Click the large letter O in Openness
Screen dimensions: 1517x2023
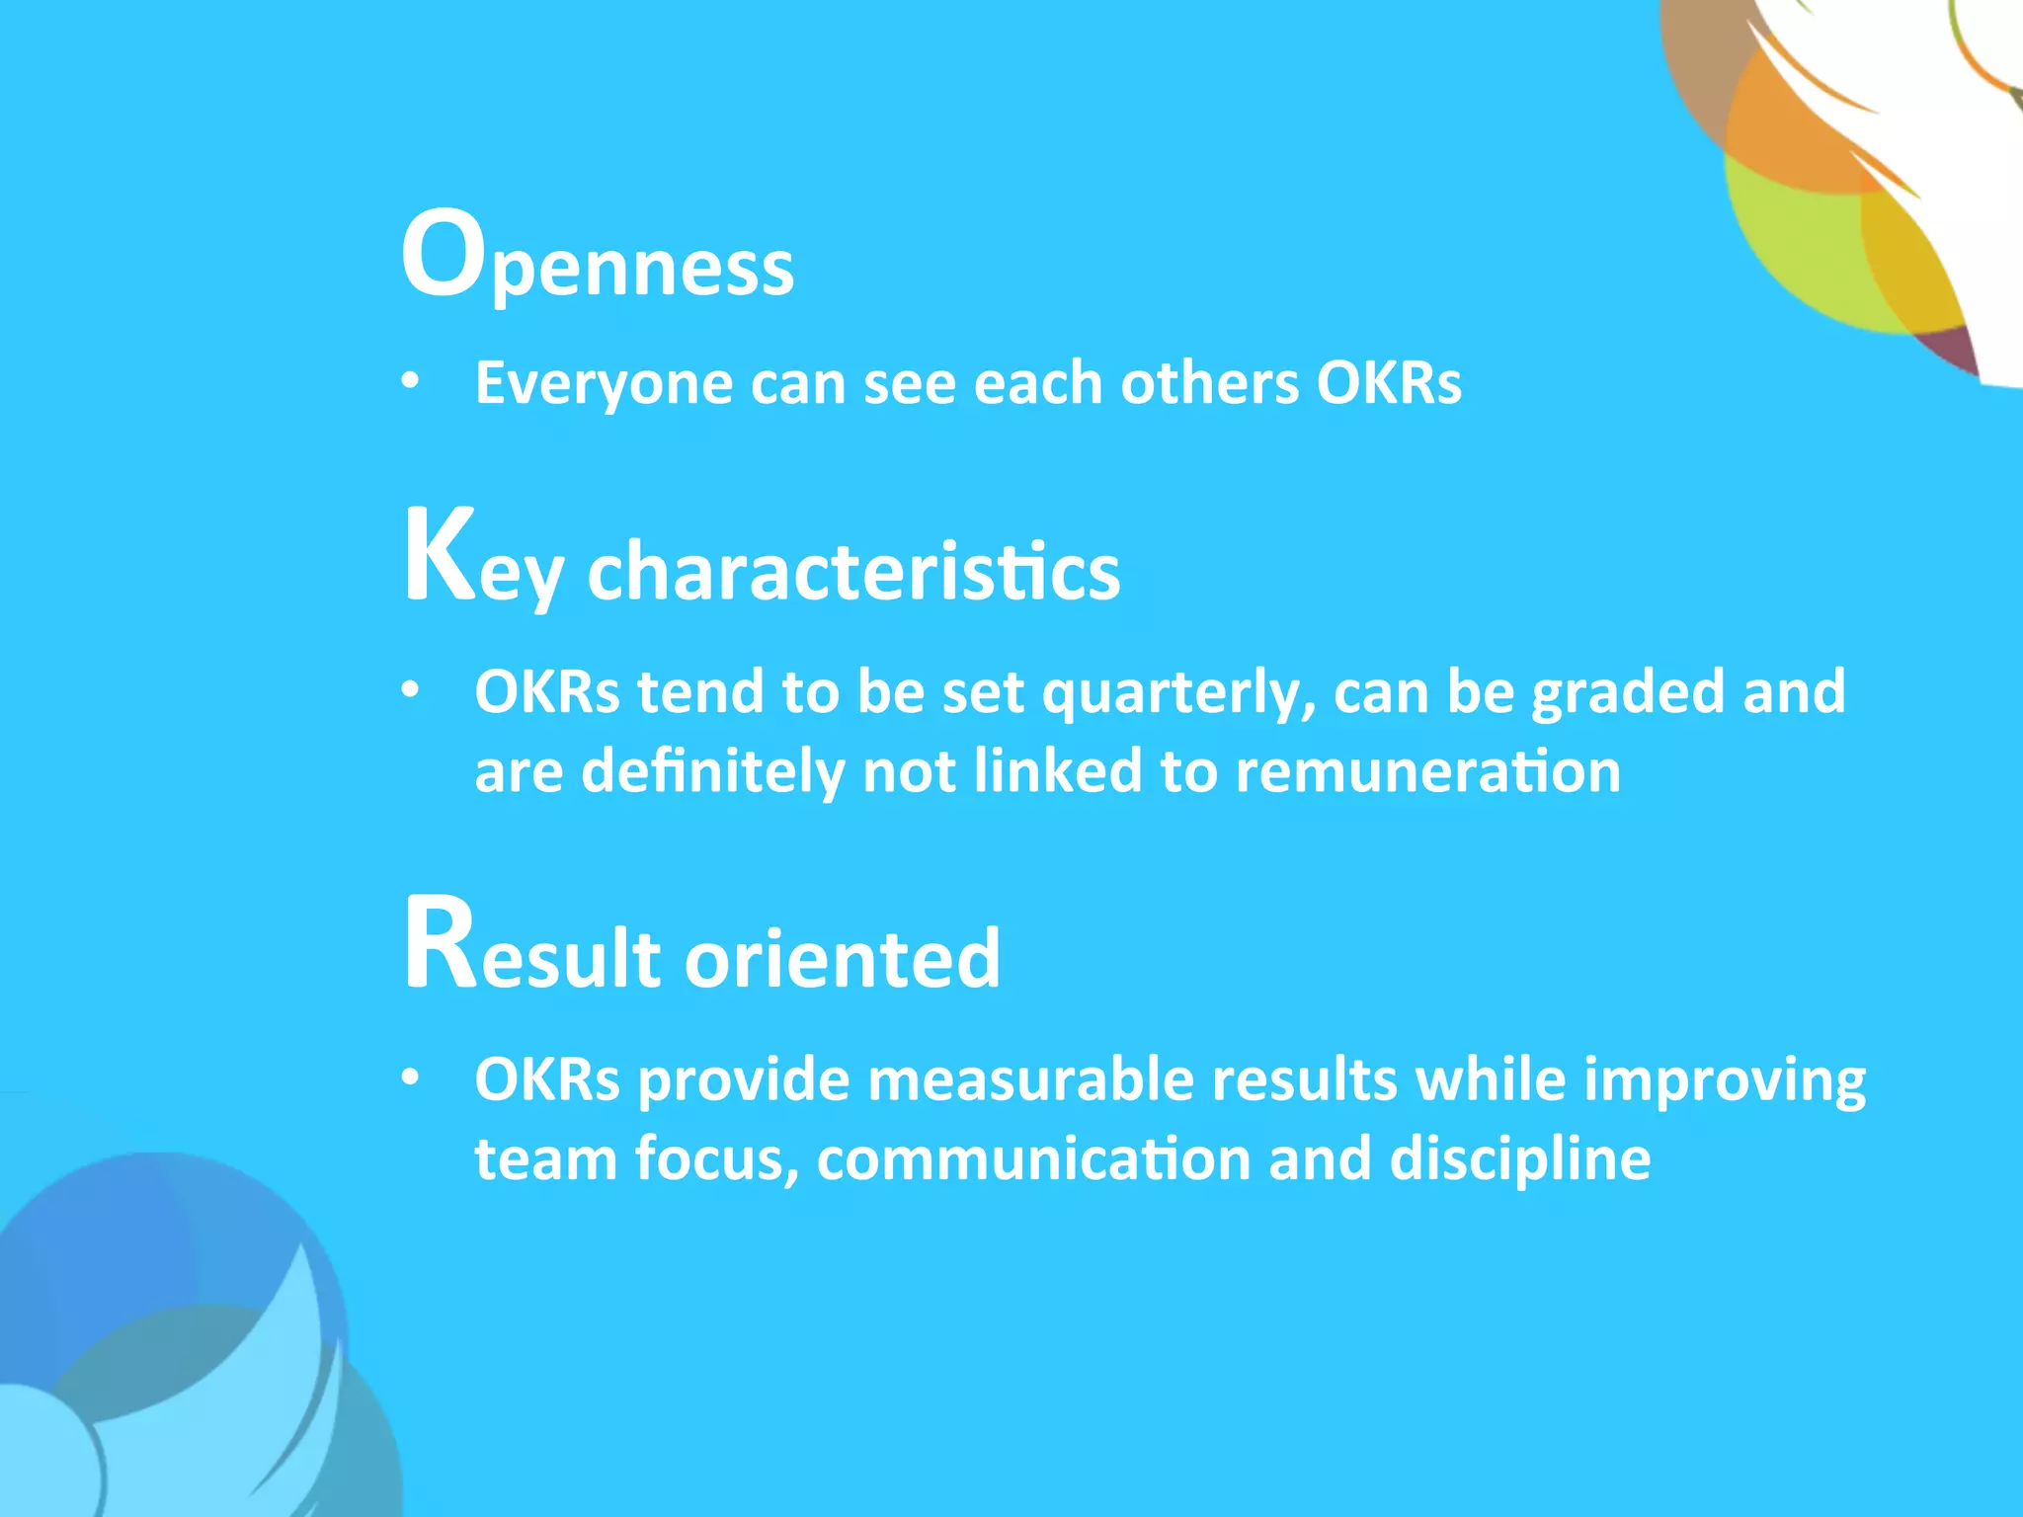click(442, 254)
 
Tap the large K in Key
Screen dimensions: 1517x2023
click(440, 555)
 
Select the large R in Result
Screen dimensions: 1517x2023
click(440, 943)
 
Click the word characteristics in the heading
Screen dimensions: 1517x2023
click(853, 572)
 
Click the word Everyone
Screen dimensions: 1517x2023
click(604, 383)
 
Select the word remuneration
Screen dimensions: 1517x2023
click(1427, 771)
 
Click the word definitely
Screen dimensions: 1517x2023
click(712, 771)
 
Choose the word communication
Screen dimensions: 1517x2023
click(1033, 1159)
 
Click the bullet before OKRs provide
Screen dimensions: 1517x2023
click(411, 1078)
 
